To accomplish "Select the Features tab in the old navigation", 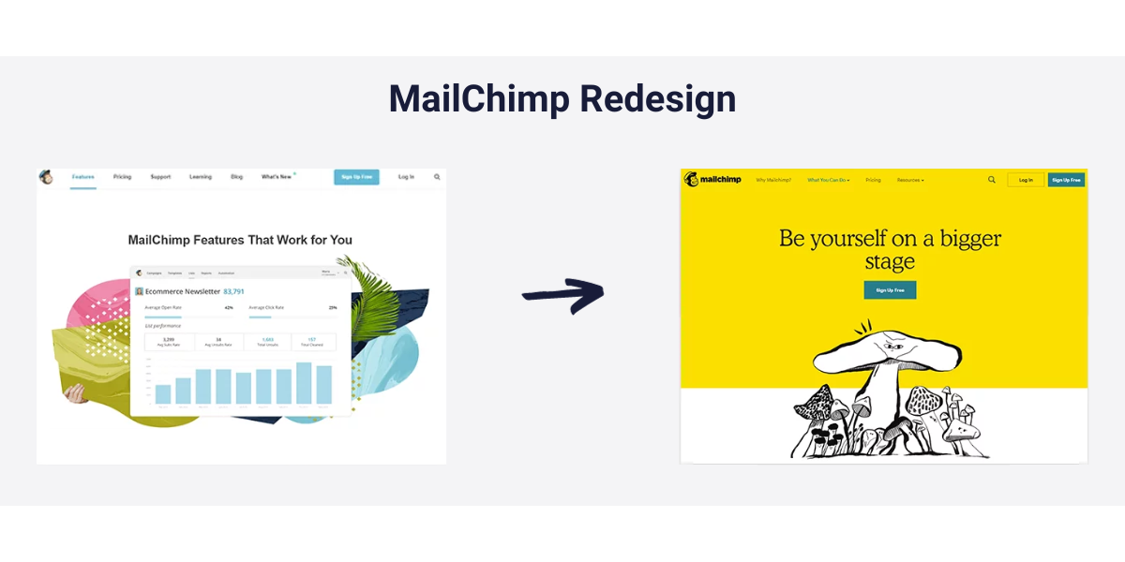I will pos(83,177).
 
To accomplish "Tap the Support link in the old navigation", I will pos(160,177).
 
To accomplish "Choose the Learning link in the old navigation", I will pos(201,177).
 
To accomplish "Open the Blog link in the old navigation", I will pos(237,177).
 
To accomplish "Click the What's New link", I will pos(277,177).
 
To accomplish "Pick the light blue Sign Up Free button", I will pos(356,177).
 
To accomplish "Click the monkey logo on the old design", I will pos(46,177).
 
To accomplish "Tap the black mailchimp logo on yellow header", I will pos(712,180).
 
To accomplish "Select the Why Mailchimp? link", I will pos(773,180).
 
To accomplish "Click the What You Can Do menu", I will pos(828,180).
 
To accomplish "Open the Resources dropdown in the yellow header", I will pos(909,180).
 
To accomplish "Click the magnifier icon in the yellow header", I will pos(992,180).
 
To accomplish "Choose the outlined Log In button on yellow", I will pos(1026,180).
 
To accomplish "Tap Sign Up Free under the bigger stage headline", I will pos(890,290).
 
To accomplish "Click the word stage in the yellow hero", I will pos(890,261).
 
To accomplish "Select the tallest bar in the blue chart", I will pos(304,382).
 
